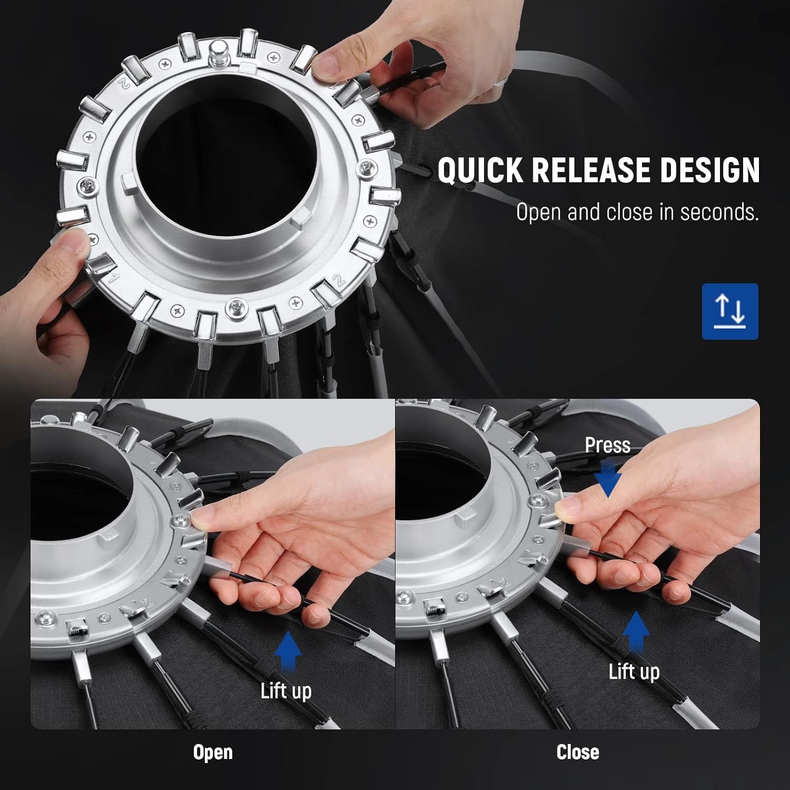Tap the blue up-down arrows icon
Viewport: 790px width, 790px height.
click(x=730, y=311)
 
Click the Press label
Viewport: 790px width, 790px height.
click(x=607, y=445)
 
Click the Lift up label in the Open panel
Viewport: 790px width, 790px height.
click(x=286, y=690)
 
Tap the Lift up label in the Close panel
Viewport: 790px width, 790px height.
click(x=634, y=671)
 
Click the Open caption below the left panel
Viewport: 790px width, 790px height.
click(x=213, y=753)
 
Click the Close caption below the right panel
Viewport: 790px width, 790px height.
click(x=578, y=752)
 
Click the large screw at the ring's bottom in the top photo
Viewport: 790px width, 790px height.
click(x=235, y=308)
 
